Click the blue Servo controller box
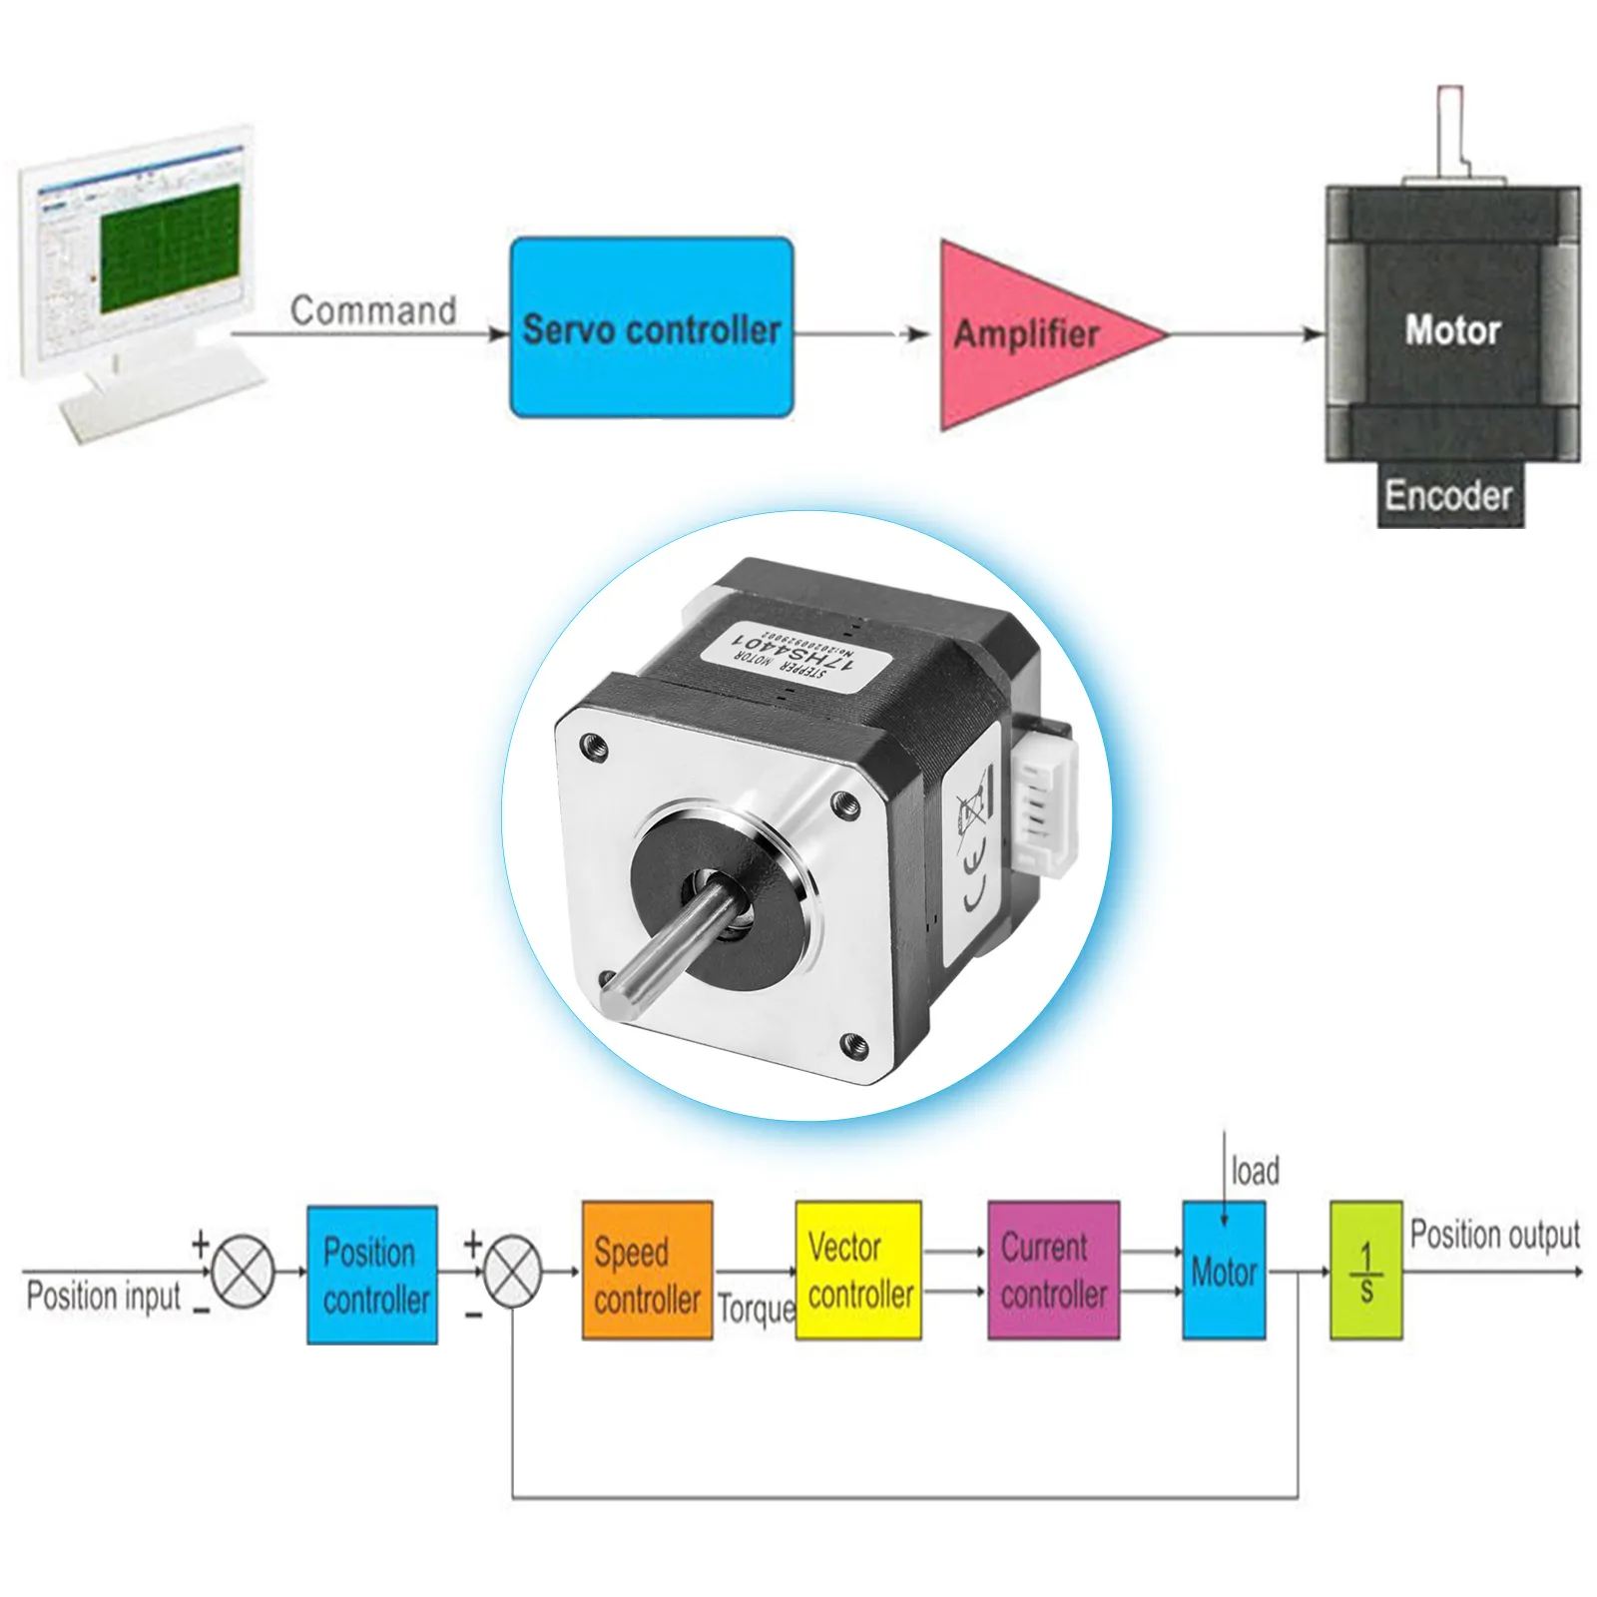click(x=652, y=327)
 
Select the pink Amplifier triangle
click(x=1028, y=333)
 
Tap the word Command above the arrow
click(x=373, y=310)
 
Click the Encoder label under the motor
click(x=1448, y=495)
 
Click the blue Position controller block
click(x=372, y=1275)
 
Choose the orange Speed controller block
click(x=647, y=1271)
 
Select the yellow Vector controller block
click(x=858, y=1271)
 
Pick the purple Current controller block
click(x=1053, y=1271)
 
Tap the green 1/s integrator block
click(x=1365, y=1271)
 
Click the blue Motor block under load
click(x=1224, y=1271)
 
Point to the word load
click(x=1255, y=1171)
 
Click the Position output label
click(x=1494, y=1235)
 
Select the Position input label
click(x=104, y=1297)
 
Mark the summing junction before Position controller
click(x=244, y=1272)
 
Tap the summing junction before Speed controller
click(x=512, y=1272)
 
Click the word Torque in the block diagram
click(x=756, y=1308)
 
